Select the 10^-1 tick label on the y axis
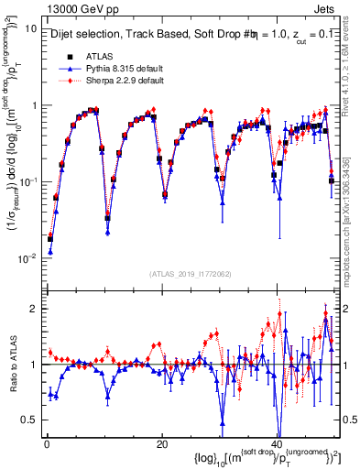pos(27,181)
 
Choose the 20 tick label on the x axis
pos(161,443)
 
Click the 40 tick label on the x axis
pos(277,443)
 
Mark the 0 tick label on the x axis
pos(46,443)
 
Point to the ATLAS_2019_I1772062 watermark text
pos(191,274)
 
